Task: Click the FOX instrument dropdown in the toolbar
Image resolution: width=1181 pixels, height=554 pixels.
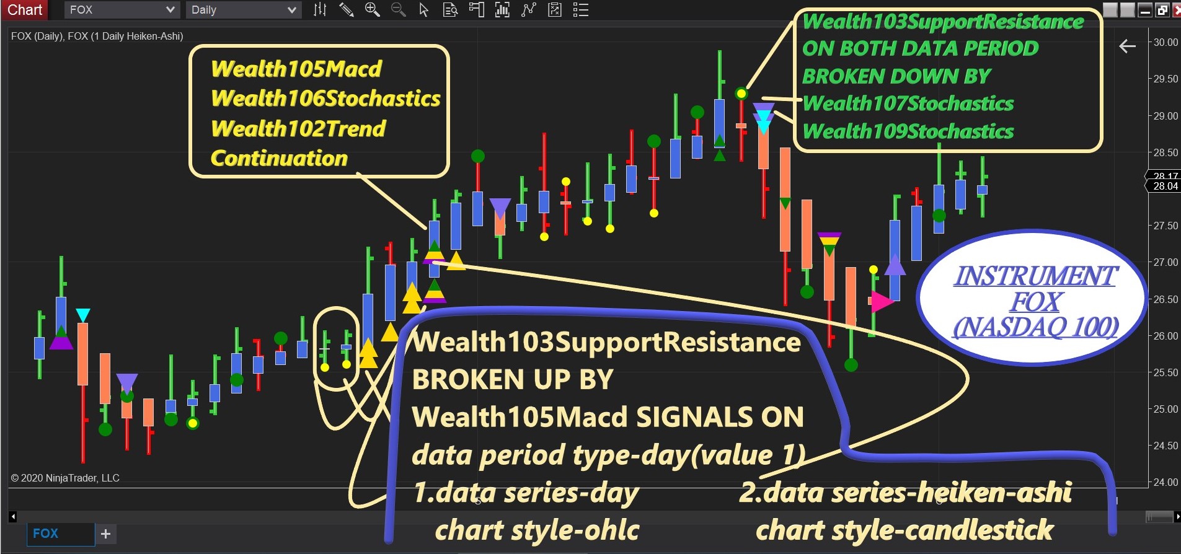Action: (x=122, y=10)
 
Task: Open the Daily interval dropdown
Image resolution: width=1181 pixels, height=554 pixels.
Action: (x=244, y=10)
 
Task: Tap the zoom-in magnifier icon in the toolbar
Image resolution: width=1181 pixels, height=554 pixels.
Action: (x=372, y=9)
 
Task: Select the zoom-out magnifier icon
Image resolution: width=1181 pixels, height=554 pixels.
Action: (x=398, y=9)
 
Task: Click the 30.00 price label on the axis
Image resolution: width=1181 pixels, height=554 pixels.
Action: (x=1166, y=42)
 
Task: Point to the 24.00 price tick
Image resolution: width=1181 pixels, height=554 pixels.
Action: (x=1166, y=482)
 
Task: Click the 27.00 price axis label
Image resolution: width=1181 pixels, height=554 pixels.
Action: (x=1166, y=262)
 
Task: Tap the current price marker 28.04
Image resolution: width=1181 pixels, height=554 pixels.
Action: (x=1166, y=186)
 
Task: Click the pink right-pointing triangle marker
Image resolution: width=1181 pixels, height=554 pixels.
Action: (x=882, y=301)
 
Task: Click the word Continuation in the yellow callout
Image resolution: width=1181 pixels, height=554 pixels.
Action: (x=279, y=158)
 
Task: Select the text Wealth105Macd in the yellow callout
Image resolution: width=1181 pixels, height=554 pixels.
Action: (x=296, y=69)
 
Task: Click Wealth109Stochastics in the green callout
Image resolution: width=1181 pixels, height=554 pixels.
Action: (x=908, y=131)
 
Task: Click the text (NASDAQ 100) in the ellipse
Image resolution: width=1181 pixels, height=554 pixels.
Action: (x=1035, y=327)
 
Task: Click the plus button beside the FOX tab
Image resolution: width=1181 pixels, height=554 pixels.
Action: (x=105, y=534)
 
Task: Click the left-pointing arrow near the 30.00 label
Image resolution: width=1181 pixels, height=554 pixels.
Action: (x=1128, y=46)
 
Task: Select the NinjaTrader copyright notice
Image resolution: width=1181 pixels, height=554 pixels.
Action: (x=65, y=478)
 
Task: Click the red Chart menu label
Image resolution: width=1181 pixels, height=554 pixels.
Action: (x=25, y=10)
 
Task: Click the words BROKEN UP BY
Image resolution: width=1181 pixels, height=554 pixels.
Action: (x=513, y=379)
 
